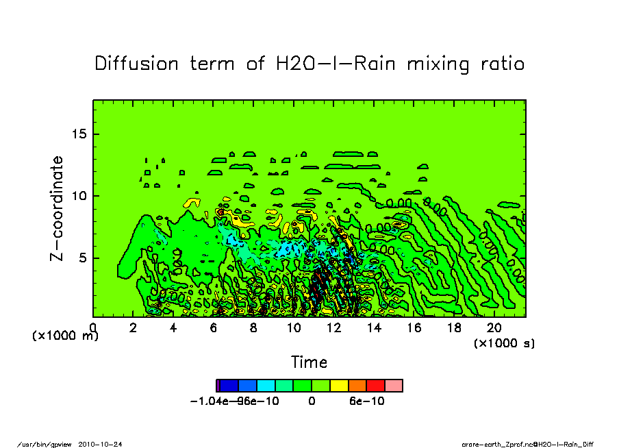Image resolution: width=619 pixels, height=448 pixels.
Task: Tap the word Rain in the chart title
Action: pos(376,64)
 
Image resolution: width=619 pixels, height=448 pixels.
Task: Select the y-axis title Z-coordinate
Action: pos(57,208)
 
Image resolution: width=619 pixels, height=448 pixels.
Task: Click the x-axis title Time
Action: pos(309,362)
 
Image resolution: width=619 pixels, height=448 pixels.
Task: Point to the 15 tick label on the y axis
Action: pos(81,134)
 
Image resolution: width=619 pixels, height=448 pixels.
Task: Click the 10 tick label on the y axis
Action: pos(81,196)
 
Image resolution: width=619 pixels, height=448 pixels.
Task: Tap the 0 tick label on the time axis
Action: pos(93,328)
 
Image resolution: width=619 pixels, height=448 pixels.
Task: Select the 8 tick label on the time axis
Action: pos(253,328)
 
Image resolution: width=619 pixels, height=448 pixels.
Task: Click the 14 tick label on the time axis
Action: pos(374,328)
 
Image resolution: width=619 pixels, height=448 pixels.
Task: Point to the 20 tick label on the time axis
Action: pos(494,328)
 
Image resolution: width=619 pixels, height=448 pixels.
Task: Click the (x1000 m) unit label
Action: pos(66,336)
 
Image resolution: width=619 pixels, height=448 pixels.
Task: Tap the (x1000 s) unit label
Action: pos(505,343)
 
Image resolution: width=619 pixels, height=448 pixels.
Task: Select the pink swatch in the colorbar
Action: pos(394,386)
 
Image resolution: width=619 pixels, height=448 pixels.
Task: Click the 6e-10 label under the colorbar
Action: pos(366,401)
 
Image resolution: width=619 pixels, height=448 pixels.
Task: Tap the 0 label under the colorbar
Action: pos(312,401)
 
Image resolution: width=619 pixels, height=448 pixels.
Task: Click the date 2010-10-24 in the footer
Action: pos(105,444)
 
